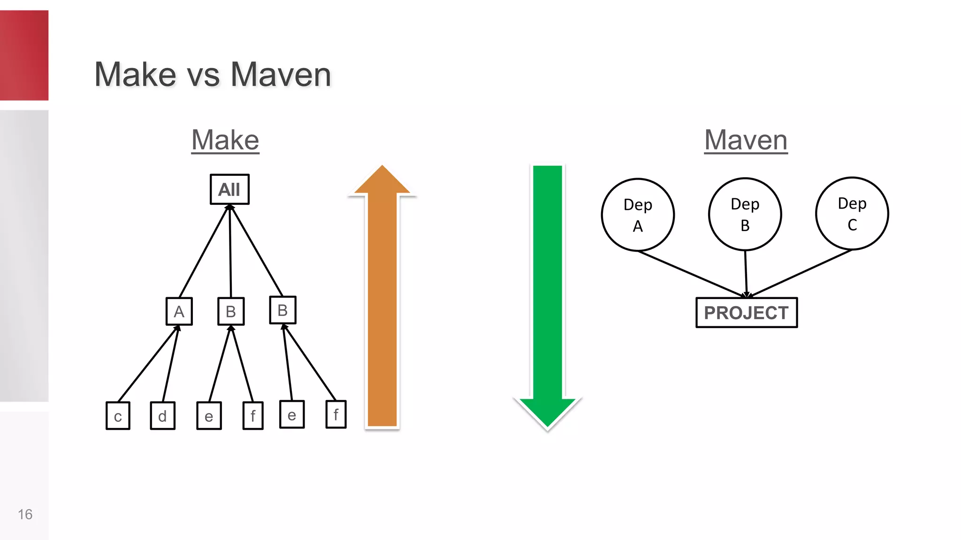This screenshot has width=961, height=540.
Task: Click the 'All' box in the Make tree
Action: [x=229, y=189]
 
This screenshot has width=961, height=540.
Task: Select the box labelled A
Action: [x=179, y=311]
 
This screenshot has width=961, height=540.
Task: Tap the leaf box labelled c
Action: [x=118, y=416]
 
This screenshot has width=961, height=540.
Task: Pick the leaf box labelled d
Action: [x=162, y=416]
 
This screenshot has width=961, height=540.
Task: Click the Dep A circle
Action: [x=638, y=215]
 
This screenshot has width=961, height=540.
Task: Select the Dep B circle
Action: [x=745, y=214]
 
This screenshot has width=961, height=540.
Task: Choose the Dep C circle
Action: [x=852, y=213]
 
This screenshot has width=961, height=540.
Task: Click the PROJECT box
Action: [x=746, y=313]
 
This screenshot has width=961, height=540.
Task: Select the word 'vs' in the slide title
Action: [x=203, y=75]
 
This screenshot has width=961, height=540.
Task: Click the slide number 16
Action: [x=25, y=514]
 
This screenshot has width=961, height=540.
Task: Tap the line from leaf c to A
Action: [x=147, y=364]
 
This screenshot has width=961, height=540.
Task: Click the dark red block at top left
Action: [x=24, y=55]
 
